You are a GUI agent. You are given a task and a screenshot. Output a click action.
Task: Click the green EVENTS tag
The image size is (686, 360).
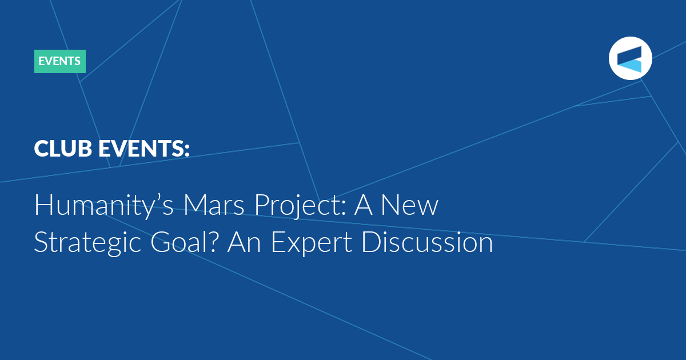click(60, 61)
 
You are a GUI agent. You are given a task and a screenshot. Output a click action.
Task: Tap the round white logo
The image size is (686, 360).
click(630, 58)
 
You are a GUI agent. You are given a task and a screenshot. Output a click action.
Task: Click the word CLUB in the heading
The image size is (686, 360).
click(63, 149)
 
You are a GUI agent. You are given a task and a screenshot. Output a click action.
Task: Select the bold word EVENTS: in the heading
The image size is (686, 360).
click(144, 149)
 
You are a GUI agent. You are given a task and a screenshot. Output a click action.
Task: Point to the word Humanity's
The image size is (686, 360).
click(104, 206)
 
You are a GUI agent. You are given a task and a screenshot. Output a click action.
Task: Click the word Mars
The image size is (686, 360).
click(214, 205)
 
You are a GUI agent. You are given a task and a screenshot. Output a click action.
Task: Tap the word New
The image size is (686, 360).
click(410, 205)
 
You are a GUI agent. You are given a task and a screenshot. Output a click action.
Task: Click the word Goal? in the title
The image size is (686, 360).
click(185, 242)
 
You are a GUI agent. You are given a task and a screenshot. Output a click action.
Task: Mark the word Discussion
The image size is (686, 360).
click(427, 242)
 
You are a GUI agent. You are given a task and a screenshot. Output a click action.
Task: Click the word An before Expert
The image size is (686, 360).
click(244, 242)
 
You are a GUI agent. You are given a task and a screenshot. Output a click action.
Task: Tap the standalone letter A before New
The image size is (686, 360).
click(363, 205)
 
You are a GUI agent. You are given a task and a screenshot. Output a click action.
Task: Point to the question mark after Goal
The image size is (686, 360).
click(214, 242)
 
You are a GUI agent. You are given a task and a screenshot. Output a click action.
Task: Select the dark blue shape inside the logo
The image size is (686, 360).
click(629, 55)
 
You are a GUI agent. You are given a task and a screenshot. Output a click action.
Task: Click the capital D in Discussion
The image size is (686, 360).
click(370, 242)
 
